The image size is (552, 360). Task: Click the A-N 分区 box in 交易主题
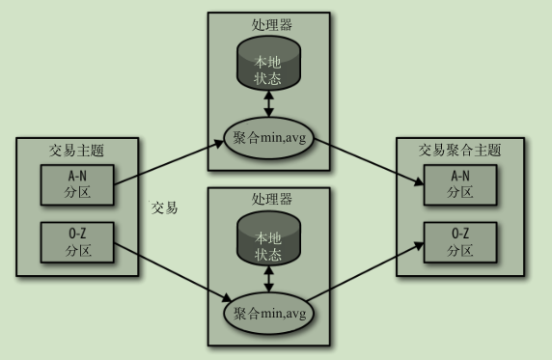tap(76, 183)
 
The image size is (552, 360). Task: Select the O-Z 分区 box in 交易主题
tap(76, 242)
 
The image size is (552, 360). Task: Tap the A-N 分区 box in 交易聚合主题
tap(461, 183)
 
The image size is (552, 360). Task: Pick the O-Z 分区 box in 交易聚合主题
tap(461, 242)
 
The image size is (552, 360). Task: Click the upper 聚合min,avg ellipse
tap(268, 137)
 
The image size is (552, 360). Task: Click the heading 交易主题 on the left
tap(76, 151)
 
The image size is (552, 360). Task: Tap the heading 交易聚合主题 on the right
tap(460, 151)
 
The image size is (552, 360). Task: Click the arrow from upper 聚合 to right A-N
tap(367, 160)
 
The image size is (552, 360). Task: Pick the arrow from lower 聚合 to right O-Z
tap(367, 272)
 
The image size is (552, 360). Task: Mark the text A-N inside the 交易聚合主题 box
tap(461, 177)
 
